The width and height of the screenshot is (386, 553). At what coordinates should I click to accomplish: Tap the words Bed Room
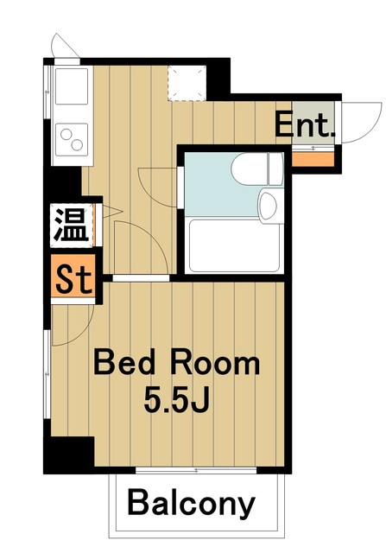pyautogui.click(x=176, y=363)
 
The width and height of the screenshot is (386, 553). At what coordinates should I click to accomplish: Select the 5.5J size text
pyautogui.click(x=179, y=401)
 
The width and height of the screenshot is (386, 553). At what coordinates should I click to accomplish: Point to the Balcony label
pyautogui.click(x=193, y=502)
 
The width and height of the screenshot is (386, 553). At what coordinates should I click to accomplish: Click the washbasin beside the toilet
pyautogui.click(x=268, y=205)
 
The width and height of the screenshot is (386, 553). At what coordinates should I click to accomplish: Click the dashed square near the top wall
pyautogui.click(x=184, y=80)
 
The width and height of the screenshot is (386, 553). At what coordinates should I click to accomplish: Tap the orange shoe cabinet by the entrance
pyautogui.click(x=313, y=157)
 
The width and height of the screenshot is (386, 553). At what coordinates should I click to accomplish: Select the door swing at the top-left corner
pyautogui.click(x=64, y=45)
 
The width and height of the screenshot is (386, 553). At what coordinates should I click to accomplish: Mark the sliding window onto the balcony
pyautogui.click(x=197, y=470)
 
